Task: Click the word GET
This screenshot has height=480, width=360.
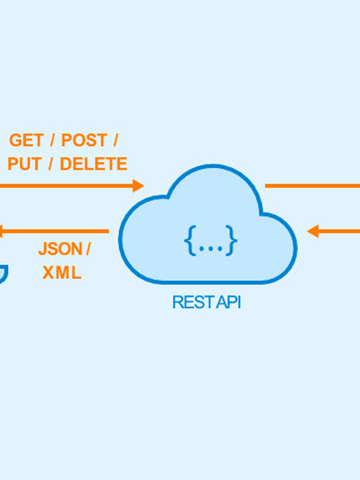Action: click(26, 140)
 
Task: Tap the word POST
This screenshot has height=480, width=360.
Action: click(84, 140)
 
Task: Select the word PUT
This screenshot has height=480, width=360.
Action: click(24, 164)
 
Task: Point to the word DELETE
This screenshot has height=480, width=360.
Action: click(93, 164)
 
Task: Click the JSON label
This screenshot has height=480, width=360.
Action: click(60, 249)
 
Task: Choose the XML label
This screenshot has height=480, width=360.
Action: click(62, 273)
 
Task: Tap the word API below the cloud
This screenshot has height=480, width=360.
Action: click(229, 302)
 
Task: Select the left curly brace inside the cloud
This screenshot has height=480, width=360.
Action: click(191, 241)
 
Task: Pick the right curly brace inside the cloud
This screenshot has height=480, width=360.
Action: click(231, 241)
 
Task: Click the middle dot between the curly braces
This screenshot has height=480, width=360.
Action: click(211, 249)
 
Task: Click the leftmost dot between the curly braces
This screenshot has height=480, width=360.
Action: click(202, 249)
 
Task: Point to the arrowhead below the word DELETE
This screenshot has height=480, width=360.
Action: click(138, 186)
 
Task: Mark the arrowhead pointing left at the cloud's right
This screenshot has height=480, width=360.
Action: click(313, 231)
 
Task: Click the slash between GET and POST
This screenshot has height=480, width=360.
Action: click(52, 140)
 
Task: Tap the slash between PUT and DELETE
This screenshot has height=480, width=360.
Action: click(51, 164)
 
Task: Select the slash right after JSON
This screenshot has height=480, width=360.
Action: click(88, 249)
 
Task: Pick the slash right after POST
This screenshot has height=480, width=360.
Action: click(115, 140)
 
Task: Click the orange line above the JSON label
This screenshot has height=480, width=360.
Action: click(57, 231)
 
